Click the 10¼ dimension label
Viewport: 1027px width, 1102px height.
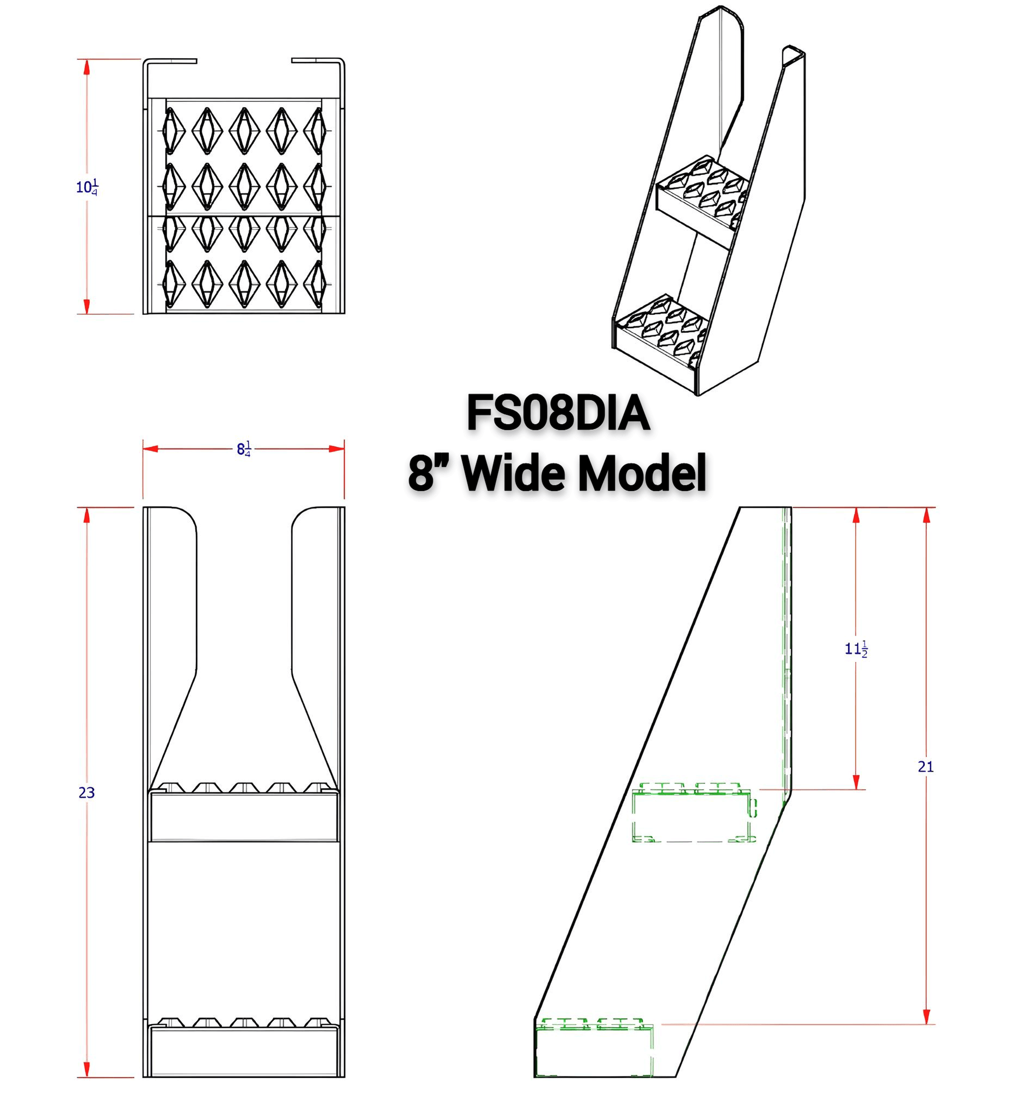87,187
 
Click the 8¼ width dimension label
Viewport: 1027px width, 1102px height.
244,448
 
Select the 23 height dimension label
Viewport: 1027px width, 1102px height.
87,793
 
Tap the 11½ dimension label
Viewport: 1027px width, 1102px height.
856,649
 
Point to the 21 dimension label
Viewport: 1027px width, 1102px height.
926,766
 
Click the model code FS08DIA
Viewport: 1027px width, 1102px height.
557,413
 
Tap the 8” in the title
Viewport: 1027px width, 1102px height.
428,473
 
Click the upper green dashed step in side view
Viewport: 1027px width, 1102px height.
693,812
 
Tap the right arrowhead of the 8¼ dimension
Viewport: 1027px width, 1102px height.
337,448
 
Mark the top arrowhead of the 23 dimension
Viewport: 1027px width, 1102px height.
87,515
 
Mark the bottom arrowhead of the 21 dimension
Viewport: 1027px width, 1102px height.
926,1016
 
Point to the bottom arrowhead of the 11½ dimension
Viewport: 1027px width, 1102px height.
856,782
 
